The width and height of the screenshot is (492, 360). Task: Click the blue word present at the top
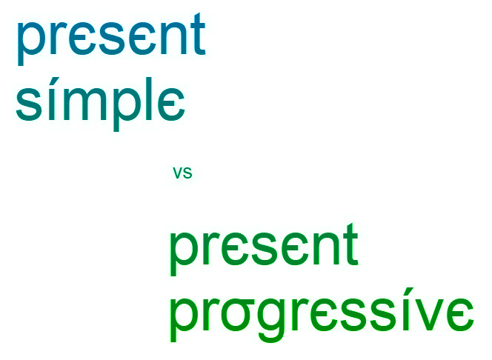pyautogui.click(x=111, y=39)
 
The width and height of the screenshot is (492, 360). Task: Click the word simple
pyautogui.click(x=100, y=104)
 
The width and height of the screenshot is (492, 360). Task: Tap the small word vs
pyautogui.click(x=182, y=173)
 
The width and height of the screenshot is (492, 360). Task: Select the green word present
pyautogui.click(x=264, y=250)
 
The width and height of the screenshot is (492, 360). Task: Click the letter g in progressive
pyautogui.click(x=272, y=319)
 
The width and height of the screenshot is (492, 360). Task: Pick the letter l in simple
pyautogui.click(x=150, y=99)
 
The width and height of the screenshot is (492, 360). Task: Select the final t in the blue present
pyautogui.click(x=198, y=34)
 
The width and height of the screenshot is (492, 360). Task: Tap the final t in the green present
pyautogui.click(x=350, y=244)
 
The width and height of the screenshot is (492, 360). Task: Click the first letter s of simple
pyautogui.click(x=29, y=104)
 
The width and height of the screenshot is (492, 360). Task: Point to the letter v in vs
pyautogui.click(x=178, y=173)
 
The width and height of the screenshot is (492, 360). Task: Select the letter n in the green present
pyautogui.click(x=325, y=249)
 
